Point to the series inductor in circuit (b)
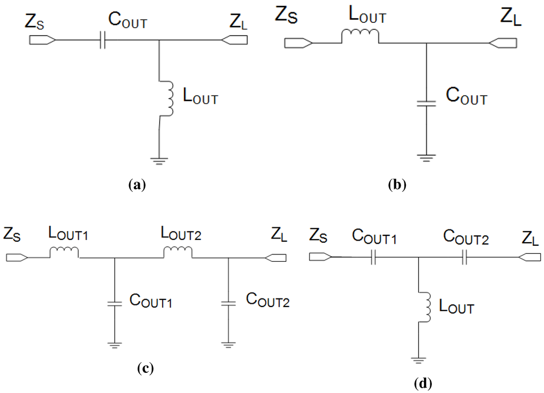tap(360, 36)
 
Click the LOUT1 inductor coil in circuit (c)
tap(64, 252)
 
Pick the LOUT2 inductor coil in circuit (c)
tap(178, 252)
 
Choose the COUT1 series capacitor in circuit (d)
tap(374, 258)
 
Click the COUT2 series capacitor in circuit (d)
tap(465, 258)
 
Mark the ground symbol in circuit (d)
tap(419, 361)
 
